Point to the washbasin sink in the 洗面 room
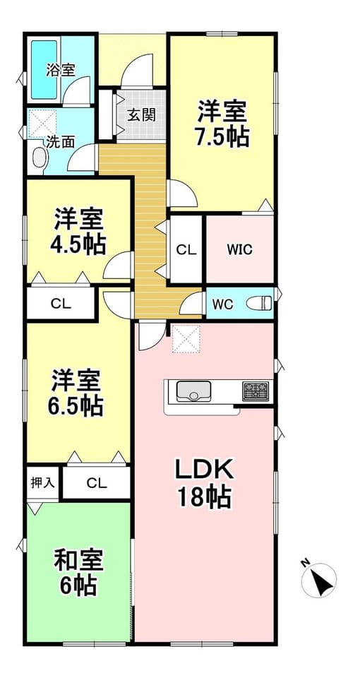pyautogui.click(x=40, y=157)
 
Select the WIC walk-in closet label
pyautogui.click(x=240, y=250)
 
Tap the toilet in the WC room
pyautogui.click(x=259, y=303)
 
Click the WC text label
pyautogui.click(x=222, y=304)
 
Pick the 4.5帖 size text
pyautogui.click(x=78, y=245)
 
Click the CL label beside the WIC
pyautogui.click(x=186, y=249)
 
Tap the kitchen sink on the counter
pyautogui.click(x=193, y=391)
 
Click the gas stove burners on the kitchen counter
pyautogui.click(x=255, y=391)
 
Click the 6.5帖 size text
pyautogui.click(x=76, y=405)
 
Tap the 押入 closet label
pyautogui.click(x=43, y=482)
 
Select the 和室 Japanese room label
pyautogui.click(x=78, y=561)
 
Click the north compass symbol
pyautogui.click(x=319, y=581)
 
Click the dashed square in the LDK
pyautogui.click(x=186, y=338)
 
